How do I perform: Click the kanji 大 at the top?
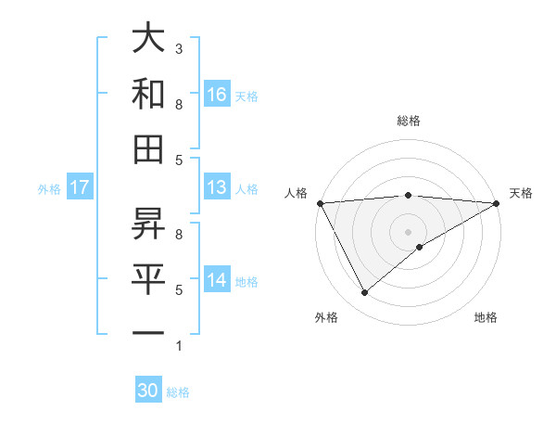(x=148, y=39)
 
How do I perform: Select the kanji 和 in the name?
(x=148, y=95)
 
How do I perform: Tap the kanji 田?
(x=148, y=148)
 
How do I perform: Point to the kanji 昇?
(x=148, y=223)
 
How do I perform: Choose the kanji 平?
(x=148, y=277)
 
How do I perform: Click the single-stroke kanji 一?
(x=148, y=332)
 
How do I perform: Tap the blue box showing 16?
(x=217, y=94)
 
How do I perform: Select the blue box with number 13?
(x=217, y=187)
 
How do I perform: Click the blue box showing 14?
(x=217, y=280)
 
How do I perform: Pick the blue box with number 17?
(x=80, y=187)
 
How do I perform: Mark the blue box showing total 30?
(x=148, y=391)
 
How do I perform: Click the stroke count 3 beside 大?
(x=179, y=48)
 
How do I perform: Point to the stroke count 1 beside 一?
(x=179, y=346)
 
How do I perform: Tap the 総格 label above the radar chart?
(x=408, y=121)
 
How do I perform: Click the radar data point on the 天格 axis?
(x=497, y=203)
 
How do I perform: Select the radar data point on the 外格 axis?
(x=365, y=293)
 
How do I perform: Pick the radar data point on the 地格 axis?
(x=420, y=247)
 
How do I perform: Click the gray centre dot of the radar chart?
(x=408, y=230)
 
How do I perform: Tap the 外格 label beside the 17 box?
(x=49, y=188)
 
